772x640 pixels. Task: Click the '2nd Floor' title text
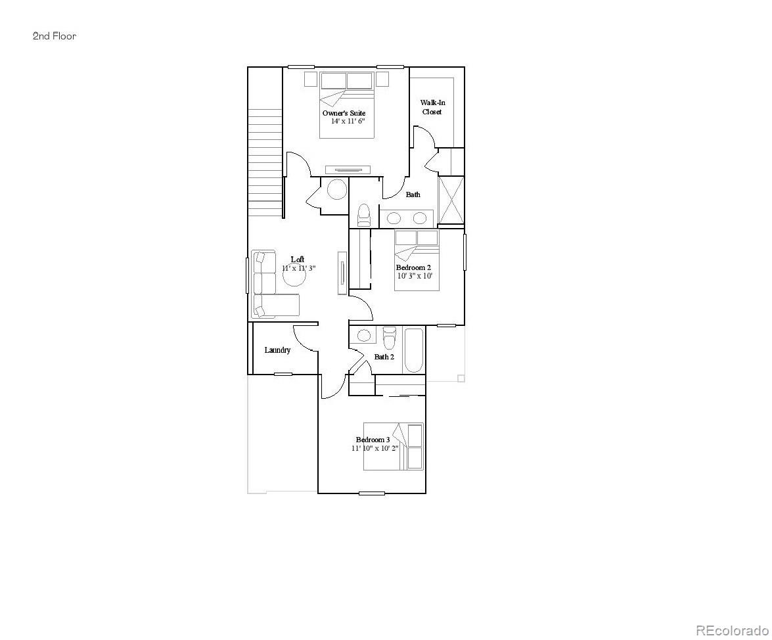pos(55,36)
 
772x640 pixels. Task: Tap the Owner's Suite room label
pos(344,113)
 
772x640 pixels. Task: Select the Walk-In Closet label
pos(432,107)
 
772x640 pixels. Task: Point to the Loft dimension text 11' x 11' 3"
pos(300,268)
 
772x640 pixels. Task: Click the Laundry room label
pos(277,350)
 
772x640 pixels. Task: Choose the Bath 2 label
pos(384,357)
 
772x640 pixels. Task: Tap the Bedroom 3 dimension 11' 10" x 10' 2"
pos(375,448)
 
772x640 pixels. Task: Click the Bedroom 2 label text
pos(413,267)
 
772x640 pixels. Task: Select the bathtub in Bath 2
pos(414,350)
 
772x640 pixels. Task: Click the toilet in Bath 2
pos(390,337)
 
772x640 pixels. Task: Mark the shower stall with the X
pos(451,200)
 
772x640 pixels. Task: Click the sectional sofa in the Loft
pos(266,286)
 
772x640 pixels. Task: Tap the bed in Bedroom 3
pos(394,447)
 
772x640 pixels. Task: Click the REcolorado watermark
pos(731,631)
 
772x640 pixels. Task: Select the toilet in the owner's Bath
pos(363,214)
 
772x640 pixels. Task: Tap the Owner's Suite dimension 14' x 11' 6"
pos(348,122)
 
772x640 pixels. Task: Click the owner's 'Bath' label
pos(413,194)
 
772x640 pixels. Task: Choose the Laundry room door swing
pos(305,338)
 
